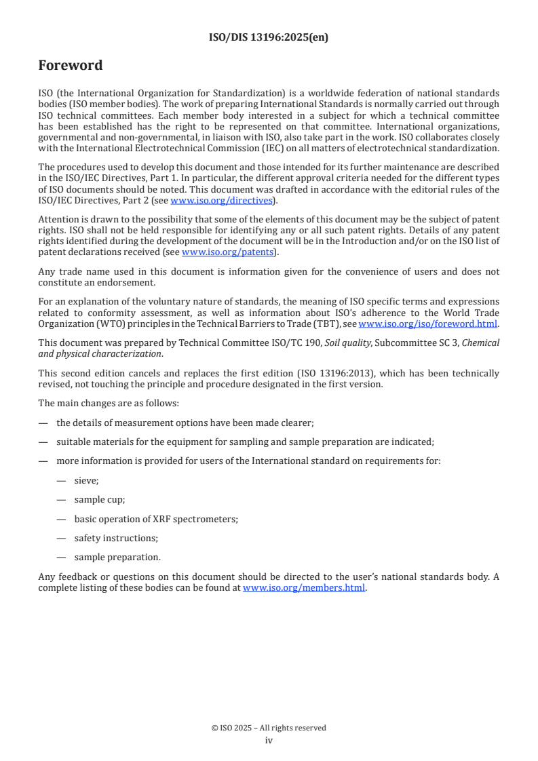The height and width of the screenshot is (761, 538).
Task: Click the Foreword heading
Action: pos(70,66)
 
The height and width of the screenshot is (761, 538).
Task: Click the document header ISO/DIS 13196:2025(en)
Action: pos(269,38)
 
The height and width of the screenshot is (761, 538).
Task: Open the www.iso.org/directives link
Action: pos(220,201)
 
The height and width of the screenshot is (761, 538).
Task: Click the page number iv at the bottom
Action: pos(269,741)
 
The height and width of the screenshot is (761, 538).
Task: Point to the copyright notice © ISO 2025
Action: pos(269,728)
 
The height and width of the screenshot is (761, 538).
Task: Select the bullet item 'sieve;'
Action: pos(86,480)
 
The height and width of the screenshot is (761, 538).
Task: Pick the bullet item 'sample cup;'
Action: pos(99,500)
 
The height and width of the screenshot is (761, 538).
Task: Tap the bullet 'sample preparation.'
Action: pos(117,558)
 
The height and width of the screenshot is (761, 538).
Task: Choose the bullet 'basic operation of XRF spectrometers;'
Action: pos(156,519)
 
